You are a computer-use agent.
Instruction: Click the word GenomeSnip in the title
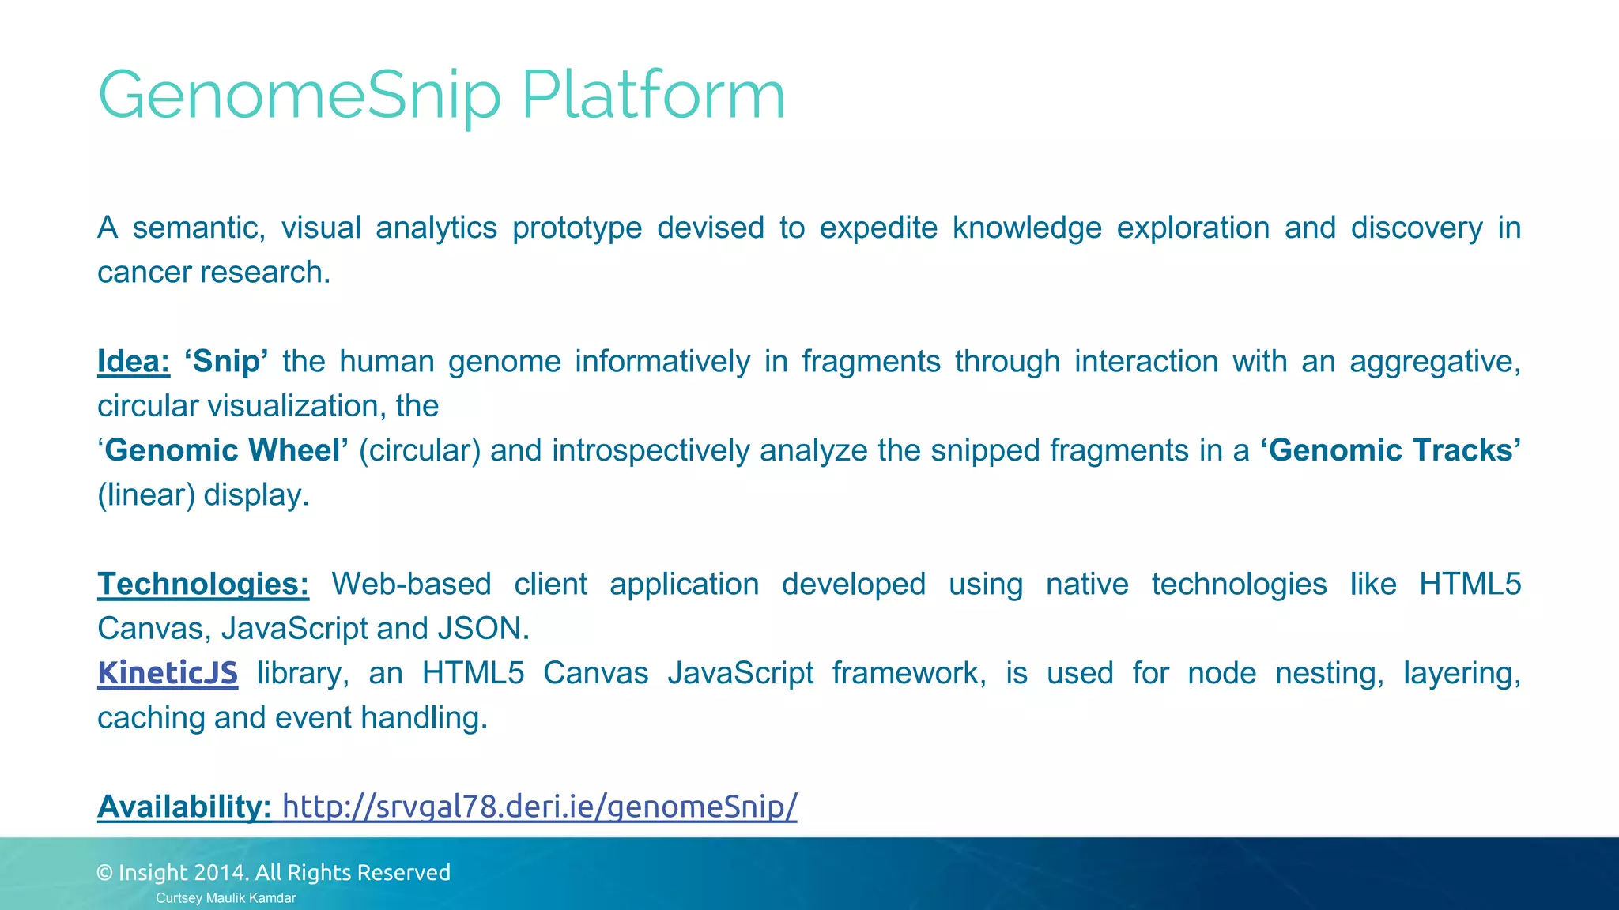299,95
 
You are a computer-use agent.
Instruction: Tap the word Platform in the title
653,95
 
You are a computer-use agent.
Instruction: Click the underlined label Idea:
133,361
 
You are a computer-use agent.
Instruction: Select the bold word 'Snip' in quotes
226,361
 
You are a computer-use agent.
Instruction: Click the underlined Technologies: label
202,584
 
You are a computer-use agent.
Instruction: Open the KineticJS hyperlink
167,672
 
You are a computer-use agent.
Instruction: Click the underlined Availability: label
183,807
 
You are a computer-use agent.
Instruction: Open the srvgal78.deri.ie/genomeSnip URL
539,807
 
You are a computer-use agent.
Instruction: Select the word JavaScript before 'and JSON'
294,629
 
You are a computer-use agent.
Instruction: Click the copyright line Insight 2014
274,872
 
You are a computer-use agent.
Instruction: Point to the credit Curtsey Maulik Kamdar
225,898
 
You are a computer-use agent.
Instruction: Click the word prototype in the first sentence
577,228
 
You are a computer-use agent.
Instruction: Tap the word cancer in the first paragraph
144,273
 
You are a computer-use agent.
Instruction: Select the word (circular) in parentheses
420,450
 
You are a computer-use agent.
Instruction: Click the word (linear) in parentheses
146,495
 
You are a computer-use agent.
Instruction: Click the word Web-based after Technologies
411,584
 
